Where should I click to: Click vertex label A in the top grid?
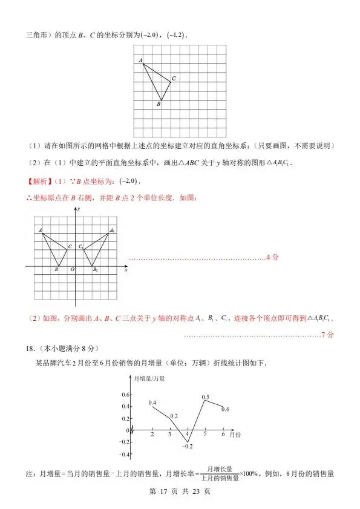pos(140,60)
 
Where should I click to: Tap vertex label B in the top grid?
pos(158,104)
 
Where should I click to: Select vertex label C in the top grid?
pos(174,78)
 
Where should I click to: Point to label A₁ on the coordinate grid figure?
pos(112,230)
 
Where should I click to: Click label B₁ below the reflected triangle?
pos(96,269)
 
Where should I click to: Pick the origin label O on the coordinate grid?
pos(72,269)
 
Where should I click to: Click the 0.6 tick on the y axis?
pos(125,395)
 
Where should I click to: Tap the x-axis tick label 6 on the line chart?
pos(223,435)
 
